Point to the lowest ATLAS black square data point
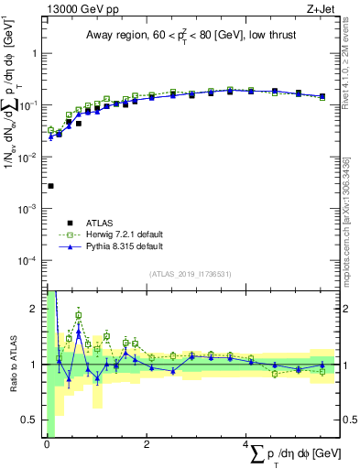click(50, 186)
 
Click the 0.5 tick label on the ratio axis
click(32, 420)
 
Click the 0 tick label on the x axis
click(47, 445)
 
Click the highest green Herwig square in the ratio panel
click(79, 315)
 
